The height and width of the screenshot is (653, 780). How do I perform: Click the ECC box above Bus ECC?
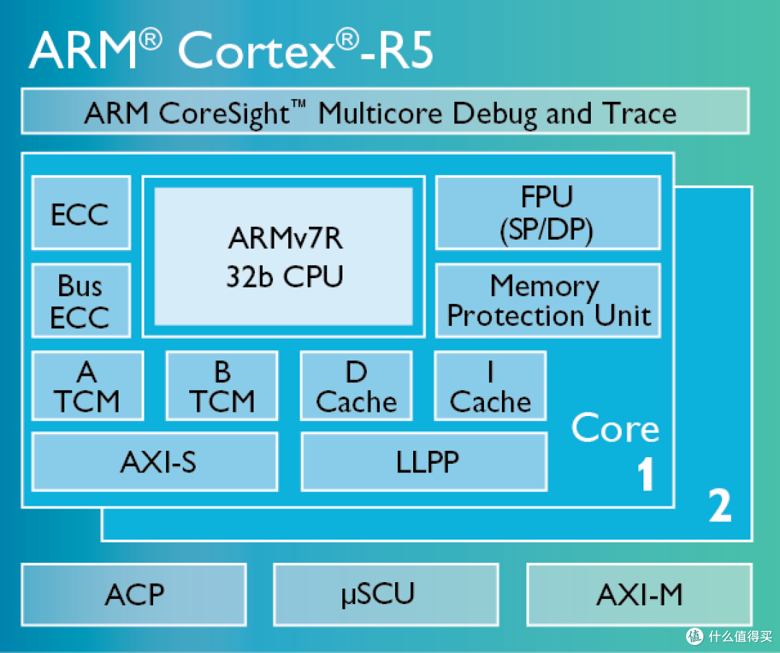point(81,212)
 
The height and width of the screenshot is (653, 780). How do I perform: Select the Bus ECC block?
point(81,300)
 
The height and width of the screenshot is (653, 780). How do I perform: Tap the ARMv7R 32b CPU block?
point(284,256)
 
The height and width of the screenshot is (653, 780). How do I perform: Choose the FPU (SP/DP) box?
point(548,212)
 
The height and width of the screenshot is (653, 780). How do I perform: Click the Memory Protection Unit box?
point(548,300)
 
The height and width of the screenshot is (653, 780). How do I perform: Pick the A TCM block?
point(87,386)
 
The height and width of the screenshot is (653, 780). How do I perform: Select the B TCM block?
point(222,386)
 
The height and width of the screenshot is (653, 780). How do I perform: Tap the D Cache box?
point(356,386)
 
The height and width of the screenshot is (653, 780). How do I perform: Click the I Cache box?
point(490,386)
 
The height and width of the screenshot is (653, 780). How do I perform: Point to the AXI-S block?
point(155,462)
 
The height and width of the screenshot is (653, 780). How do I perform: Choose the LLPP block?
point(425,462)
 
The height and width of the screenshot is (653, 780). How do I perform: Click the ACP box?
point(134,594)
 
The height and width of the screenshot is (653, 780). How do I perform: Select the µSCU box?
point(386,594)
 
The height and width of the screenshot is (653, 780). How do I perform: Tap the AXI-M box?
point(639,594)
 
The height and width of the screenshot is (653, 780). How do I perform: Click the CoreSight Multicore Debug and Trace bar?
point(386,111)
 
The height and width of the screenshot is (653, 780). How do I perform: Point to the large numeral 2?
point(720,505)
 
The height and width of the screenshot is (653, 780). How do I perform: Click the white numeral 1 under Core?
point(646,474)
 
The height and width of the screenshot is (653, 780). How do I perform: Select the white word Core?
point(615,428)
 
